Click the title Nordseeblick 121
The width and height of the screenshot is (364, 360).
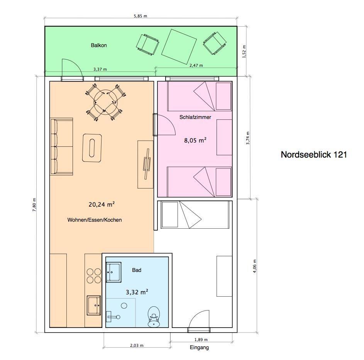point(313,155)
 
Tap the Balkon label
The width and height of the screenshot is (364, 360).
point(99,45)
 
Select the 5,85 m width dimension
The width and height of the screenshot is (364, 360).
point(141,16)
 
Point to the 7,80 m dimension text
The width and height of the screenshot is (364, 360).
point(34,205)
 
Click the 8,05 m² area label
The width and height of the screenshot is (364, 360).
point(195,140)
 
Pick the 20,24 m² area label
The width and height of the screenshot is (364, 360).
point(102,204)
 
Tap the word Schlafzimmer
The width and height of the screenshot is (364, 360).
point(195,117)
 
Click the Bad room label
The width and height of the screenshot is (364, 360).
point(137,270)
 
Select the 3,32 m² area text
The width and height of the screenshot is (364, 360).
point(137,292)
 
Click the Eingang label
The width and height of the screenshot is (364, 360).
point(199,348)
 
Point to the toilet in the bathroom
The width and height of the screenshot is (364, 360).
point(154,317)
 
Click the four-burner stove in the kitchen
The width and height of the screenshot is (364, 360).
point(94,276)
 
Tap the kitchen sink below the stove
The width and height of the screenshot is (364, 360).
point(94,305)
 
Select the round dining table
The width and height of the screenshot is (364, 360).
point(106,102)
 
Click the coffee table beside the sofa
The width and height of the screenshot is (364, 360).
point(92,148)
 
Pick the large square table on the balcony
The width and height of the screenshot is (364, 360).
point(179,46)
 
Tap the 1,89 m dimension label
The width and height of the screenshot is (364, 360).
point(201,340)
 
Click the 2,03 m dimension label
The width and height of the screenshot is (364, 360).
point(137,345)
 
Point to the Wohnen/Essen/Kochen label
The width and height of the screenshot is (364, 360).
point(95,220)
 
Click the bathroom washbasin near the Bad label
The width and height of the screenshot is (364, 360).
point(113,272)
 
